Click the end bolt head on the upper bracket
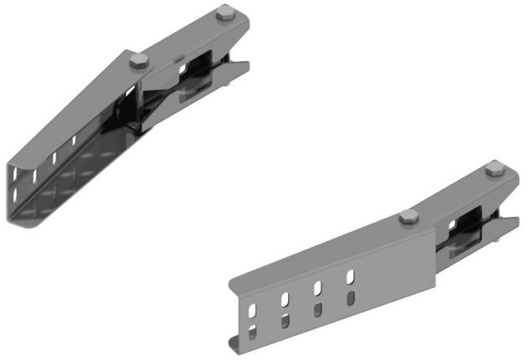(223, 14)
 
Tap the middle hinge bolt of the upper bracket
(139, 60)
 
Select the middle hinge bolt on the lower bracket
(408, 218)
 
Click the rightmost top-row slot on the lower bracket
(351, 275)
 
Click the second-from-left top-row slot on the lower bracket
(285, 298)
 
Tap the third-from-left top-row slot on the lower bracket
(318, 287)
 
